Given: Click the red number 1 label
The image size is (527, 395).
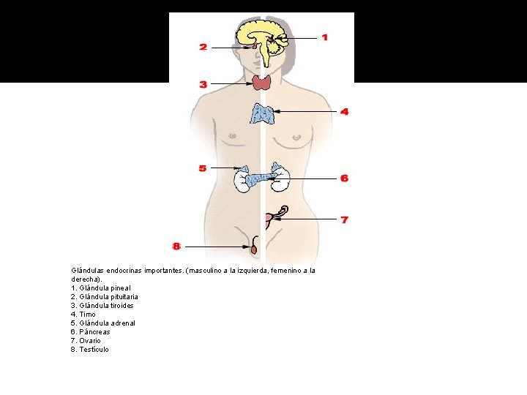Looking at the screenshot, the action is tap(324, 37).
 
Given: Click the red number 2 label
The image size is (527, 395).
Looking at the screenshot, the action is tap(203, 47).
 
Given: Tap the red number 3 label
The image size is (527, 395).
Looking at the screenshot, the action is tap(203, 84).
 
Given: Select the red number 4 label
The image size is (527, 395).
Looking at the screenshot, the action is tap(344, 112).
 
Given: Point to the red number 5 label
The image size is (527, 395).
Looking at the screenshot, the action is tap(203, 168).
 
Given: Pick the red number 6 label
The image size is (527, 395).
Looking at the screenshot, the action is tap(344, 178).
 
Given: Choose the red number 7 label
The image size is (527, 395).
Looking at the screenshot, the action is tap(344, 219).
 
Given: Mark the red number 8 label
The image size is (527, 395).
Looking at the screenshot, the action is tap(176, 246).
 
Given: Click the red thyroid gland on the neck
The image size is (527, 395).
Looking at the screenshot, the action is tap(262, 82).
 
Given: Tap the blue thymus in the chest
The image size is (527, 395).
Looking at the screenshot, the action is tap(263, 113).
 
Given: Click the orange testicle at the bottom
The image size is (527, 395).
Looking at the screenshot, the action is tap(254, 249).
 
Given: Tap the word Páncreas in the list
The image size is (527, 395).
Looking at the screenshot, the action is tap(95, 332).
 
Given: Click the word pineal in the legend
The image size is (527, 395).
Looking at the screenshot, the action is tap(118, 288).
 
